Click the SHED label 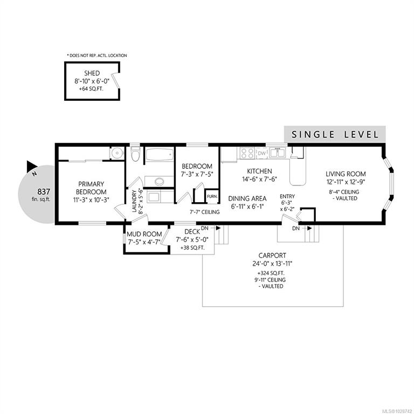click(92, 73)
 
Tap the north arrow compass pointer click(32, 166)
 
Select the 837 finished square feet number click(44, 191)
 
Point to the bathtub click(160, 155)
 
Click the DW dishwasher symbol click(261, 154)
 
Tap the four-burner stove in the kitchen click(247, 154)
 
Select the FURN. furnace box click(212, 196)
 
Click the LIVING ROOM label click(346, 174)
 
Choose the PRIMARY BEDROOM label click(91, 188)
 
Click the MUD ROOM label click(144, 234)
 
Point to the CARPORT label click(272, 256)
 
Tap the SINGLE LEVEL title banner click(335, 135)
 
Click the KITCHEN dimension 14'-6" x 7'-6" click(259, 180)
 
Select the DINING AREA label click(247, 198)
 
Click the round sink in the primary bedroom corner click(117, 153)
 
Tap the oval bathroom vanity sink click(160, 182)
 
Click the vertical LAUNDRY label click(134, 201)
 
